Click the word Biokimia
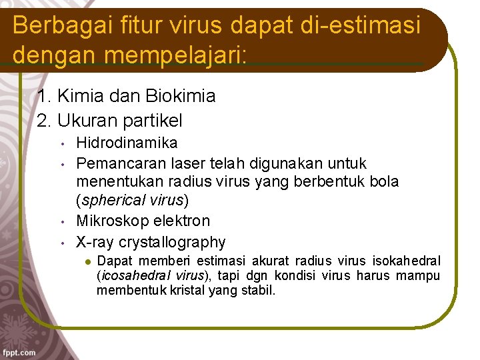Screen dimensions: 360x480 coord(183,96)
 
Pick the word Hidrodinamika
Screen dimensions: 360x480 coord(127,143)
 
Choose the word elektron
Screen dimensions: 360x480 coord(181,221)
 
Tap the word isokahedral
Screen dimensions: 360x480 coord(405,260)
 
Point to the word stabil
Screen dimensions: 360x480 coord(259,291)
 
